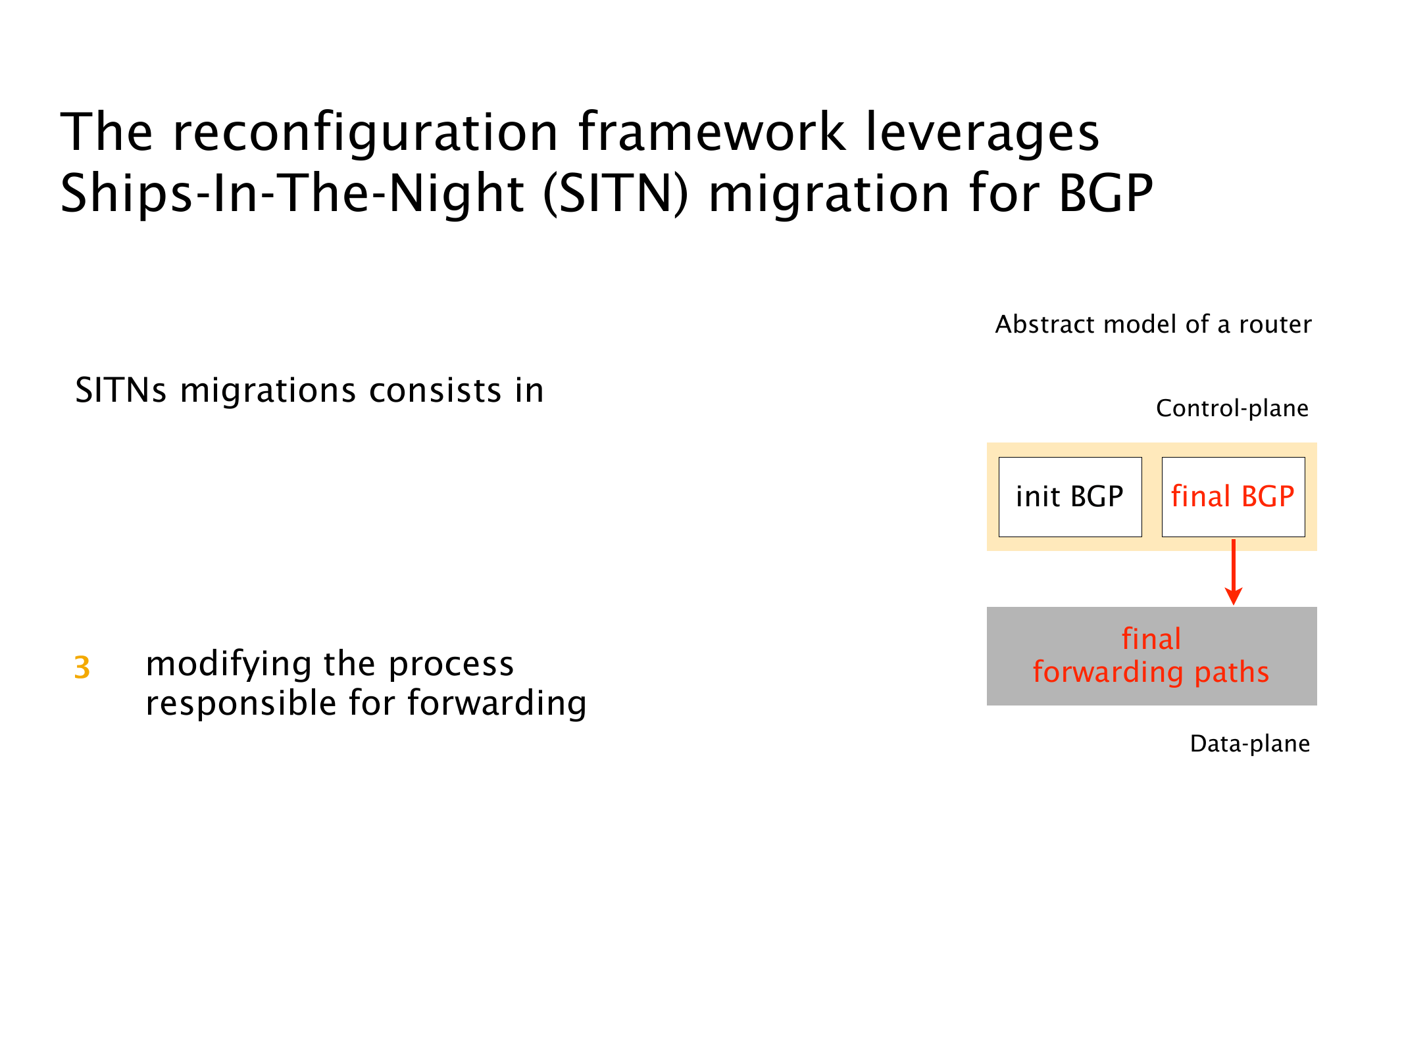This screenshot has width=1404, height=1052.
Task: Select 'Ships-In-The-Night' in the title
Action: click(x=292, y=195)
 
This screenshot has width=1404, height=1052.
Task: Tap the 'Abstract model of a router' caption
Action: click(x=1153, y=324)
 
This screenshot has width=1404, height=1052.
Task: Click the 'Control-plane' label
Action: click(x=1232, y=408)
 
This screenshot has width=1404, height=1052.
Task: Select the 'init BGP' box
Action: click(x=1070, y=497)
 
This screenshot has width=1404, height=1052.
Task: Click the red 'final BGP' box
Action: click(x=1233, y=497)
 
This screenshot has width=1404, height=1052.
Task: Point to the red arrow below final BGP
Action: click(x=1234, y=572)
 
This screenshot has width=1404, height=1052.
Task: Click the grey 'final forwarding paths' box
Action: click(x=1151, y=656)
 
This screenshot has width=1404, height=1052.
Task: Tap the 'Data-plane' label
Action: click(x=1250, y=744)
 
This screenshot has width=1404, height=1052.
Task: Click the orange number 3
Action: click(x=82, y=667)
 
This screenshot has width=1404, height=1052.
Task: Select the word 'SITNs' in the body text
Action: click(x=121, y=390)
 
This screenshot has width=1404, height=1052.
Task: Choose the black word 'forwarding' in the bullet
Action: click(x=497, y=704)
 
